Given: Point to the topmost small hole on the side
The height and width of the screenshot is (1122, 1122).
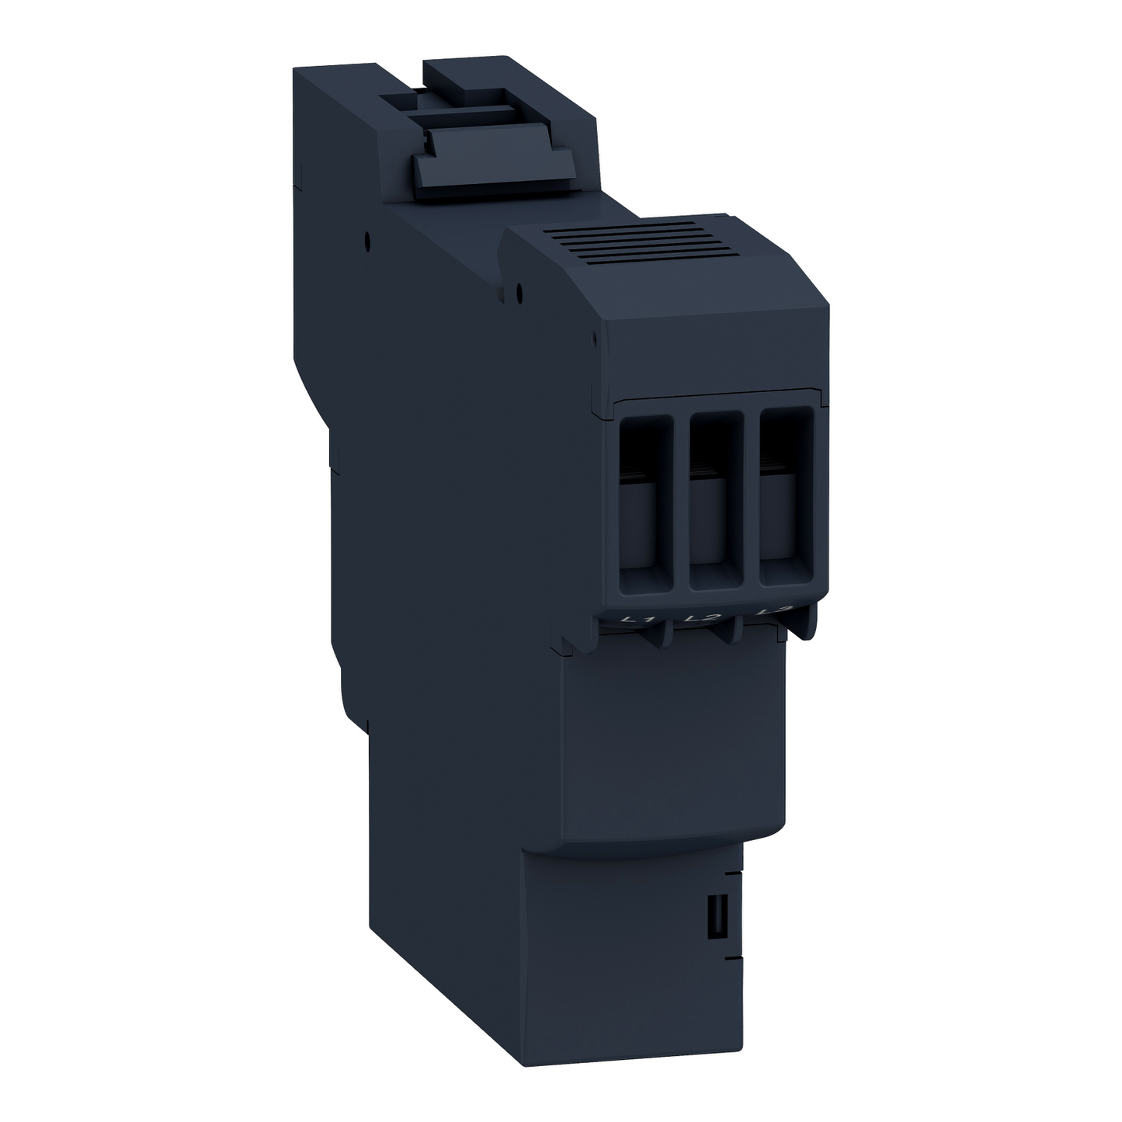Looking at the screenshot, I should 366,241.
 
